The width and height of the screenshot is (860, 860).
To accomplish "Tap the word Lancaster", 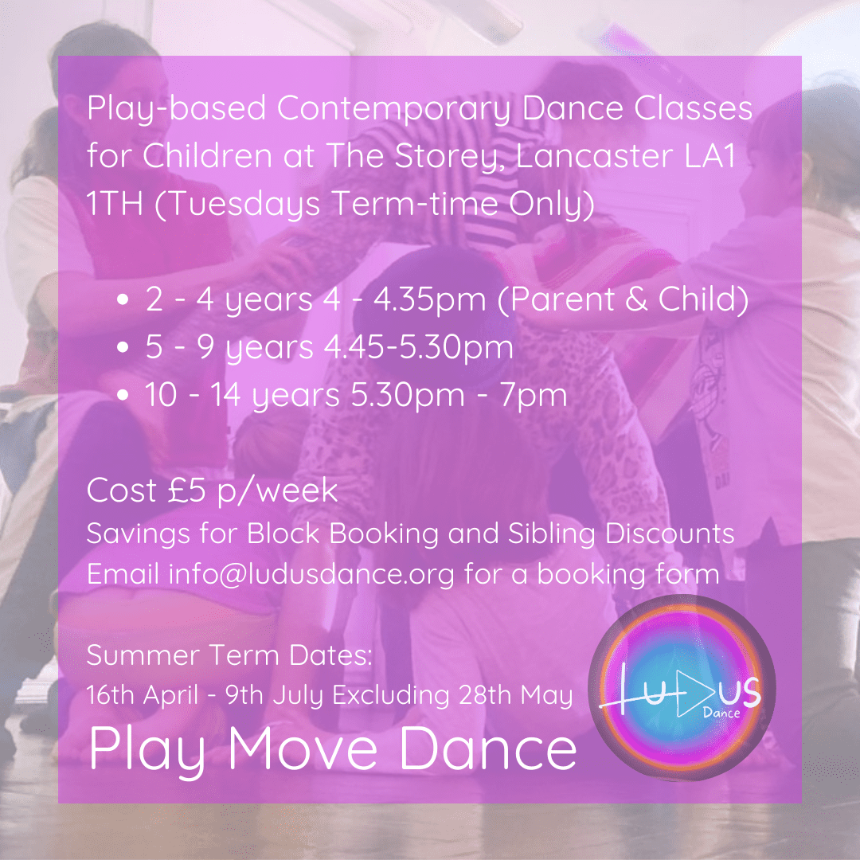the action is pos(595,156).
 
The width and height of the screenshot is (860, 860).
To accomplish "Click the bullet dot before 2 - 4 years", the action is pos(123,299).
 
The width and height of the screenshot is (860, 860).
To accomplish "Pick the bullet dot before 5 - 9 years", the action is pos(123,347).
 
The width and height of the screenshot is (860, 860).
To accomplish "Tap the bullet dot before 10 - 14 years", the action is pos(123,395).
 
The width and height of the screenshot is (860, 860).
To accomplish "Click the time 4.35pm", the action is pos(430,300).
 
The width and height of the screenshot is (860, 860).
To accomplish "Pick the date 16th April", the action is pos(143,695).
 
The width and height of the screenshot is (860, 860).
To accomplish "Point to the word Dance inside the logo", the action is pos(721,713).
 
